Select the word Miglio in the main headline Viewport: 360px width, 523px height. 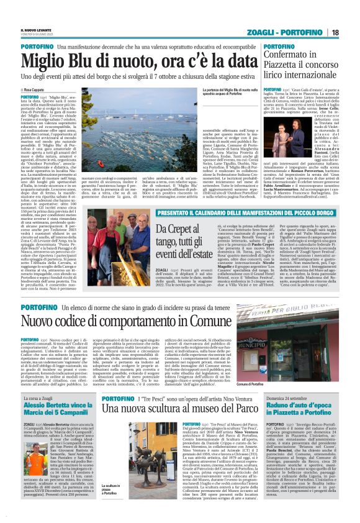[49, 61]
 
